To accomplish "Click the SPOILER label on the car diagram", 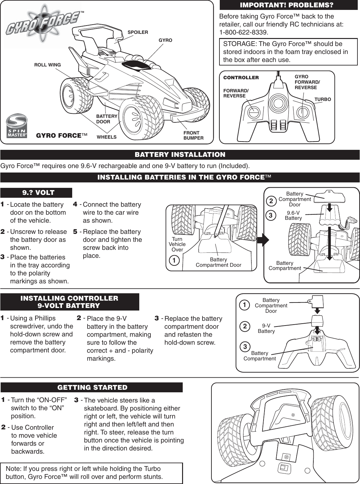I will tap(138, 32).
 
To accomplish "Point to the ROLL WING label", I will tap(47, 65).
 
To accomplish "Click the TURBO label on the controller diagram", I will tap(323, 99).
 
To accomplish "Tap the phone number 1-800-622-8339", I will tap(243, 33).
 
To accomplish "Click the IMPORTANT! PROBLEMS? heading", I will tap(287, 5).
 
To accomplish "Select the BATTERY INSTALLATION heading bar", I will tap(180, 155).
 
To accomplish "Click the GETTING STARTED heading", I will tap(92, 388).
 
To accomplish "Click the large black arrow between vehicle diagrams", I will tap(264, 240).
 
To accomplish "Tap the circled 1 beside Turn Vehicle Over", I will tap(174, 261).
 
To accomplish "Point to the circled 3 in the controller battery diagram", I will tap(245, 347).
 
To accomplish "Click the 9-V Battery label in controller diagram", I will tap(266, 328).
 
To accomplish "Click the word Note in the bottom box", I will tap(13, 469).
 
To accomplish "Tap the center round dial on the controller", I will tap(278, 103).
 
